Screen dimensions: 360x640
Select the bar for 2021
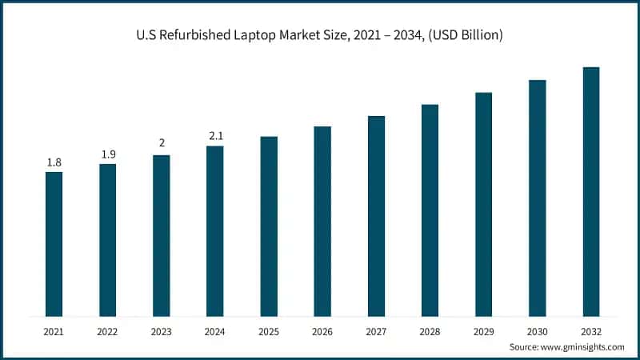[x=54, y=244]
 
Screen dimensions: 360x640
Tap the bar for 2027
[x=376, y=216]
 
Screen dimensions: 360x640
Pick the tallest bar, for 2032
[x=590, y=191]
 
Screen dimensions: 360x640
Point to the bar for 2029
[x=483, y=204]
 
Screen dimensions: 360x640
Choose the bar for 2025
[x=269, y=226]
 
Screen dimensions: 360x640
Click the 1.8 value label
[x=54, y=162]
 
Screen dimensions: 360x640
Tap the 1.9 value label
[x=107, y=154]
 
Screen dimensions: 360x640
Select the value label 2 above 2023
[x=162, y=143]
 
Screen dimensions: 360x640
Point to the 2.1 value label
[x=215, y=136]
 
